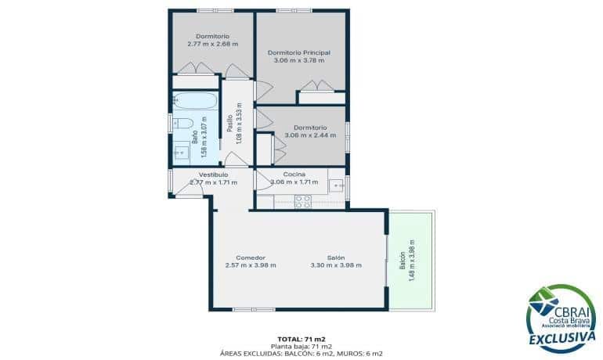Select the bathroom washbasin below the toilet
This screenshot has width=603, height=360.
tap(180, 152)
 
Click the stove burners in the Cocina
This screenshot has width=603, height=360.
tap(302, 201)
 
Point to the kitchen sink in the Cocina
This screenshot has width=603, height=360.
tap(336, 185)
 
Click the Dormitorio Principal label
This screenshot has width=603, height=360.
tap(298, 52)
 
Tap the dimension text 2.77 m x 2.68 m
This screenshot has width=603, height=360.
tap(212, 44)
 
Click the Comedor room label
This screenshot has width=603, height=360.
tap(251, 257)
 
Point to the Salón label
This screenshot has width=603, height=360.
tap(336, 257)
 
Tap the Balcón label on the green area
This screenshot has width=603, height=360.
tap(403, 259)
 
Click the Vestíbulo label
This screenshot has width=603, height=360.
tap(213, 174)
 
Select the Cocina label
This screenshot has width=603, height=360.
tap(294, 174)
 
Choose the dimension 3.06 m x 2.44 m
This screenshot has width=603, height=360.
tap(310, 135)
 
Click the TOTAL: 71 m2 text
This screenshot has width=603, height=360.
tap(302, 338)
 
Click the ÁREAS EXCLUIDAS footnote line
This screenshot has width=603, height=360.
tap(302, 354)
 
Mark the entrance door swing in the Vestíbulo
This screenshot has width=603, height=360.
tap(188, 188)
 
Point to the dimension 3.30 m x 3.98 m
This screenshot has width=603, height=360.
tap(336, 265)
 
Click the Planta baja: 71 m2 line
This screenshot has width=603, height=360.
tap(302, 346)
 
